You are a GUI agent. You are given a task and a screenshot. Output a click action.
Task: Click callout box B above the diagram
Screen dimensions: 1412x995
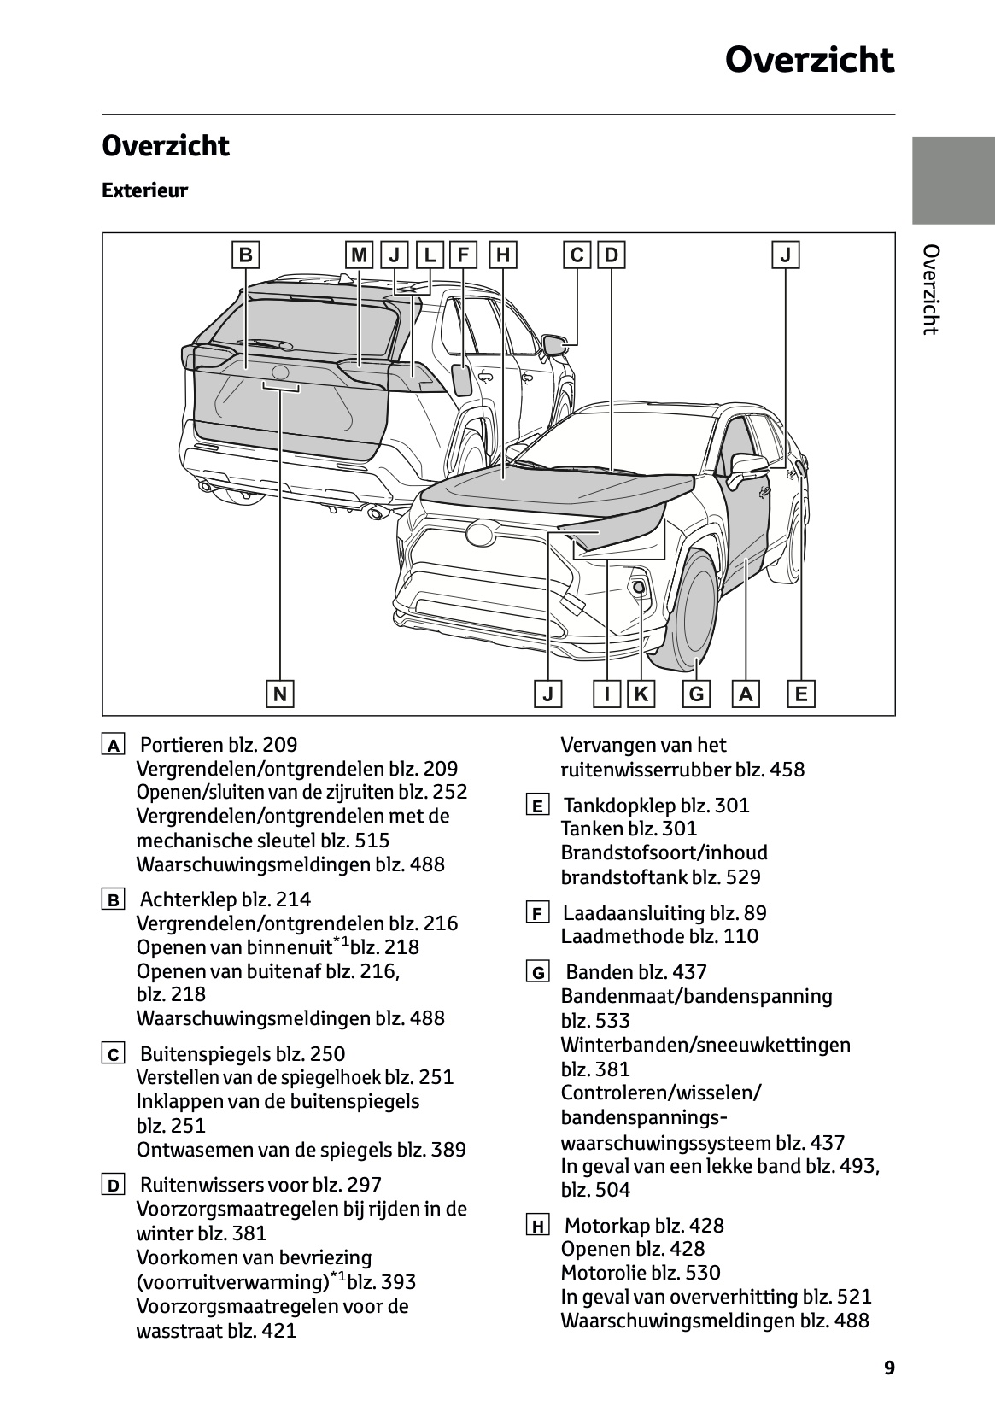[245, 255]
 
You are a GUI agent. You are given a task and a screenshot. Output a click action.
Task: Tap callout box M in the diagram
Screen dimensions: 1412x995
[360, 255]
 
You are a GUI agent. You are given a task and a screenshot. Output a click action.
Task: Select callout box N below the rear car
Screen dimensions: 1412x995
[279, 694]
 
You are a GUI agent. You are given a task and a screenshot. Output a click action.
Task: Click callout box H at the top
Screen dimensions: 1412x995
[503, 255]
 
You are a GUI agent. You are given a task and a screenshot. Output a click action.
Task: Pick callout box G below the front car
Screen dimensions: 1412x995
[696, 694]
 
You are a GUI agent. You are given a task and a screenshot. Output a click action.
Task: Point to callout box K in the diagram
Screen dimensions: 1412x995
[641, 694]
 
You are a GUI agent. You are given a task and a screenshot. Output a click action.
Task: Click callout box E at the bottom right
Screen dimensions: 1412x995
[801, 694]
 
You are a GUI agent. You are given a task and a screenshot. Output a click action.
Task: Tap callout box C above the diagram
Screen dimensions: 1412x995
[577, 255]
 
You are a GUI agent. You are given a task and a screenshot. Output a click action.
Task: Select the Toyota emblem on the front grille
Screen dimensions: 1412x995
[481, 534]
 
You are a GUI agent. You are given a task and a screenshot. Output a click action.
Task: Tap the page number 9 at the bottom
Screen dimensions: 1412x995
[889, 1368]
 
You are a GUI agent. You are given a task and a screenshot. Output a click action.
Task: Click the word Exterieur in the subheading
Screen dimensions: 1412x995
[144, 190]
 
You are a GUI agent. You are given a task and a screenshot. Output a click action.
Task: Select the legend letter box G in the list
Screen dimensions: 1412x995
[537, 972]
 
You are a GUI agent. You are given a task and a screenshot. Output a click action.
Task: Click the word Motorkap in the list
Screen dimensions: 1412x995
[607, 1226]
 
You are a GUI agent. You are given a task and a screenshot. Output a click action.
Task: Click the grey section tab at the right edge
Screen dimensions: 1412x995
[953, 179]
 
